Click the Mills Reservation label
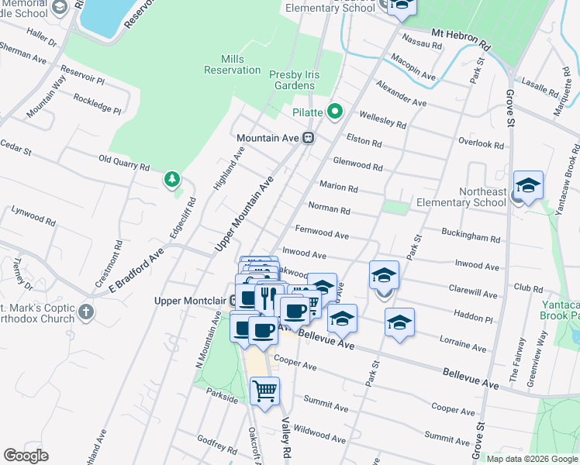pyautogui.click(x=232, y=65)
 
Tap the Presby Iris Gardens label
pyautogui.click(x=305, y=80)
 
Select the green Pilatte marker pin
pyautogui.click(x=335, y=112)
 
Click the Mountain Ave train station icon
pyautogui.click(x=308, y=138)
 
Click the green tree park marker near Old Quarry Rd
pyautogui.click(x=171, y=180)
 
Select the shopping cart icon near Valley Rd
pyautogui.click(x=265, y=391)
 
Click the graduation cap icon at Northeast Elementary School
pyautogui.click(x=528, y=185)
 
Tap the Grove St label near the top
pyautogui.click(x=510, y=101)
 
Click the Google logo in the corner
pyautogui.click(x=26, y=456)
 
